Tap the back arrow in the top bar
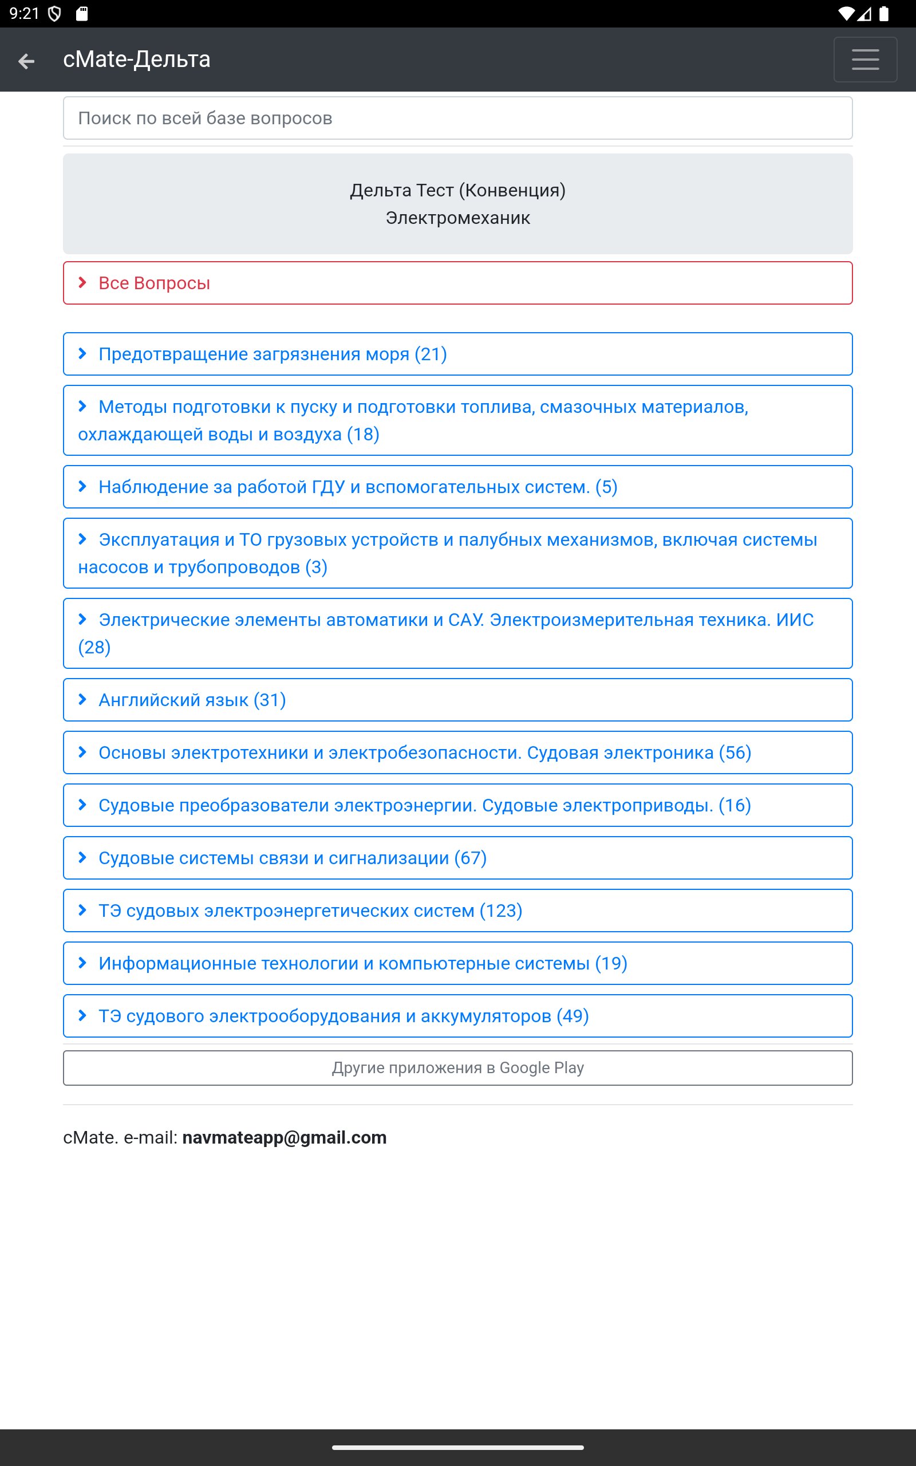[x=26, y=61]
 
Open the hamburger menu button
[x=864, y=60]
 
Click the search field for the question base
[x=457, y=118]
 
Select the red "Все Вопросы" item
[x=154, y=283]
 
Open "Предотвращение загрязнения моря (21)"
[x=273, y=354]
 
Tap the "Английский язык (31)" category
[x=192, y=700]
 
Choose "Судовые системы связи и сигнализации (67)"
[x=293, y=858]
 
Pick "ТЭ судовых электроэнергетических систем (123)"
[x=310, y=911]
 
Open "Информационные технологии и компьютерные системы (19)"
[x=363, y=963]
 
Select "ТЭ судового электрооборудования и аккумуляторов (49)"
[x=343, y=1016]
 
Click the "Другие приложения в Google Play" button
[x=457, y=1067]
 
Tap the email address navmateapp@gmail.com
[x=284, y=1138]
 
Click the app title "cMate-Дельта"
[x=137, y=60]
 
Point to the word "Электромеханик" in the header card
[x=457, y=218]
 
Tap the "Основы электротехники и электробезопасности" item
[x=424, y=752]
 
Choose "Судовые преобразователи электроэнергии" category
[x=424, y=805]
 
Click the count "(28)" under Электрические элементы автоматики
[x=94, y=648]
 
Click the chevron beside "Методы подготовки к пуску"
[x=83, y=407]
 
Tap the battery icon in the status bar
[x=884, y=14]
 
